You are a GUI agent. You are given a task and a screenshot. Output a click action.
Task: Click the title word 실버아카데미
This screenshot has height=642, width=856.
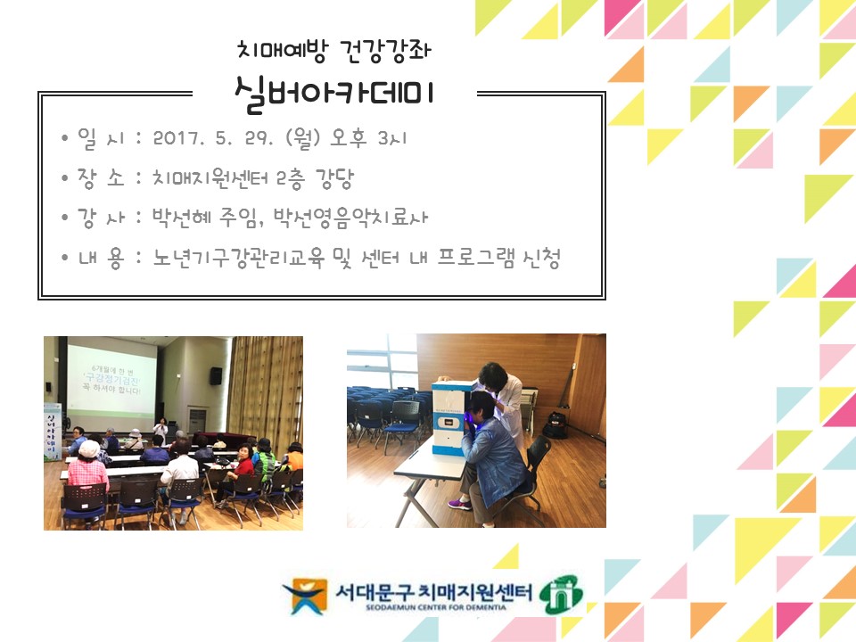click(333, 92)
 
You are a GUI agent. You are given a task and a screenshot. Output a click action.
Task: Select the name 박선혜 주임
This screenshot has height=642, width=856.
click(204, 218)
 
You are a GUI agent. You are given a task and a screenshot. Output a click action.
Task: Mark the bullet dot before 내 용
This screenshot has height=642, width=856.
click(65, 259)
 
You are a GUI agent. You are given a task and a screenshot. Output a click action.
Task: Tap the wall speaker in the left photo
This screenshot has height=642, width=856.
click(216, 375)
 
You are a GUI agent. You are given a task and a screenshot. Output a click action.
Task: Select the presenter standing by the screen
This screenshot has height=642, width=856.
click(160, 427)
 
